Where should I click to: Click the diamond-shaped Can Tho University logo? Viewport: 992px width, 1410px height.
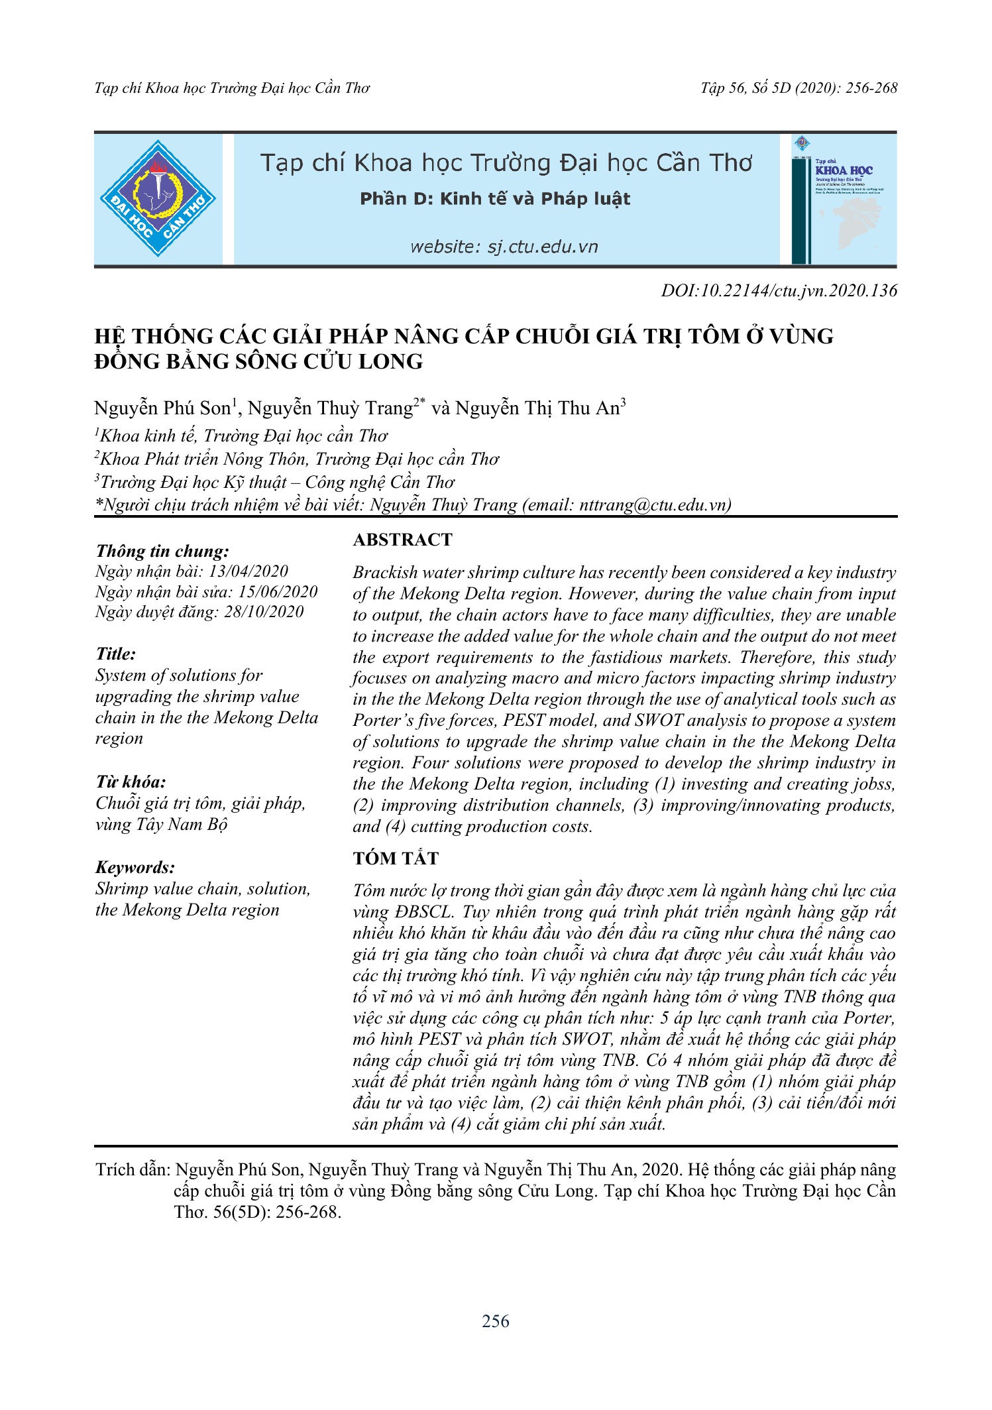(x=158, y=199)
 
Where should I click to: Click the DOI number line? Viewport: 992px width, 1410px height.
(x=779, y=290)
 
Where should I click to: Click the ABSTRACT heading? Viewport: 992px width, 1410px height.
(x=402, y=540)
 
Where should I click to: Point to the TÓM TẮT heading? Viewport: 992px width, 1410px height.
(x=396, y=858)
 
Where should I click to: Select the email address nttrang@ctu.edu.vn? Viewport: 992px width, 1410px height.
(x=653, y=505)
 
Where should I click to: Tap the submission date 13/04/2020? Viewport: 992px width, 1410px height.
(x=248, y=571)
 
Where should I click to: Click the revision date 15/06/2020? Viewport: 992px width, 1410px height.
(x=278, y=592)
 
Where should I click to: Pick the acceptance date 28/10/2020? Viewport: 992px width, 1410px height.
(x=264, y=612)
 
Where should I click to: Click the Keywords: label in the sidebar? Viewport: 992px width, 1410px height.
(x=135, y=867)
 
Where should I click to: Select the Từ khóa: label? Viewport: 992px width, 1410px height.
(x=131, y=782)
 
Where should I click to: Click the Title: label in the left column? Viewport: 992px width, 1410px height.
(x=116, y=654)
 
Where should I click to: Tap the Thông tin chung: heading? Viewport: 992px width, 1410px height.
(x=162, y=552)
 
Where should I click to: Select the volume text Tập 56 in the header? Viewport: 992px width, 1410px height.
(x=723, y=88)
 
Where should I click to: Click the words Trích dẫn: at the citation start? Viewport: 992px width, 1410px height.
(x=133, y=1170)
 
